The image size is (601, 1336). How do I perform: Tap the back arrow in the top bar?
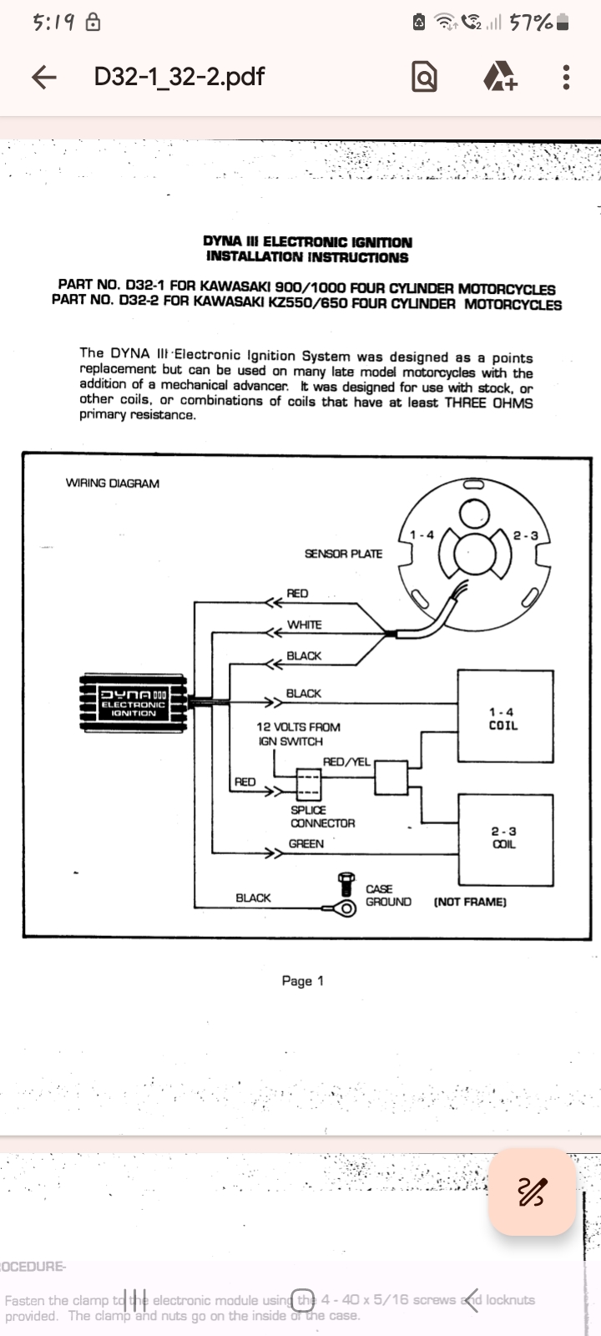point(44,77)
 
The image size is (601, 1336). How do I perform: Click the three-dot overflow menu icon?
point(566,77)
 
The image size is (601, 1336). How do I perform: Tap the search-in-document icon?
point(424,77)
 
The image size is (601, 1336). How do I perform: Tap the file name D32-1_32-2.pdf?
point(179,77)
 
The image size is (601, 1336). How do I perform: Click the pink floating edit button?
point(532,1192)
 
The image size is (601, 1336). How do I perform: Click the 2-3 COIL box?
point(504,839)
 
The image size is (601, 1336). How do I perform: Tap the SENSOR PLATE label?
point(343,554)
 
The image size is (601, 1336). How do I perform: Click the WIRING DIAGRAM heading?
point(112,483)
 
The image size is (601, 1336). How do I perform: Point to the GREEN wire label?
point(306,844)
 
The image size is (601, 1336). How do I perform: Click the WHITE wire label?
point(304,625)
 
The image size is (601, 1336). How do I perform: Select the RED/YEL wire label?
point(346,762)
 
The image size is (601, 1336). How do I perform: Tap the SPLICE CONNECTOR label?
point(322,817)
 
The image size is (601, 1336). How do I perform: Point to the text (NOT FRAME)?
point(470,902)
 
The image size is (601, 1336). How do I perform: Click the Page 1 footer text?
point(302,981)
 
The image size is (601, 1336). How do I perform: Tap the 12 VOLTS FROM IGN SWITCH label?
point(297,734)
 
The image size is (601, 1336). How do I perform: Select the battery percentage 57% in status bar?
point(532,23)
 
